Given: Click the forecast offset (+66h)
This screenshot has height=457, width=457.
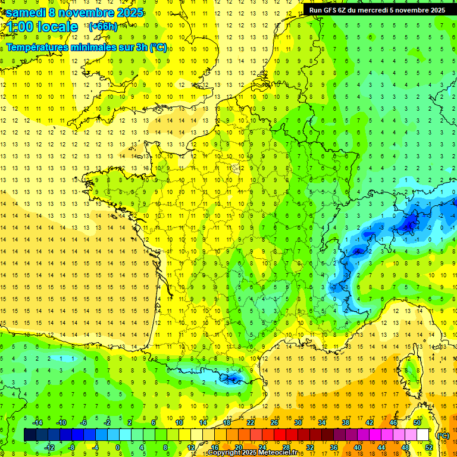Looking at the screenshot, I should [x=103, y=27].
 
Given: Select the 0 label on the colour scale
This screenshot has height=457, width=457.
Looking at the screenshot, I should [x=117, y=447].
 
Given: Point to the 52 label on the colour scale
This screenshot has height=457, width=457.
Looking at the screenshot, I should [x=428, y=447].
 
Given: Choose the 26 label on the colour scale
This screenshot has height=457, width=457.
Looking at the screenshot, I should [x=274, y=422].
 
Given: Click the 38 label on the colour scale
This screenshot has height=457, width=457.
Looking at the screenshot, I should [x=345, y=422].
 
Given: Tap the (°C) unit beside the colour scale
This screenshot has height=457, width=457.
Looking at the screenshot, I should [x=443, y=435].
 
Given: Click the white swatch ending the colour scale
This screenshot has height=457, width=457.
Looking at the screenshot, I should [x=423, y=435].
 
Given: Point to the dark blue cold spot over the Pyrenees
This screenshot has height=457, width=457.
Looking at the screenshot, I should [x=233, y=377].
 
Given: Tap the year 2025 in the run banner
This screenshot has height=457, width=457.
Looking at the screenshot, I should [x=437, y=10].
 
